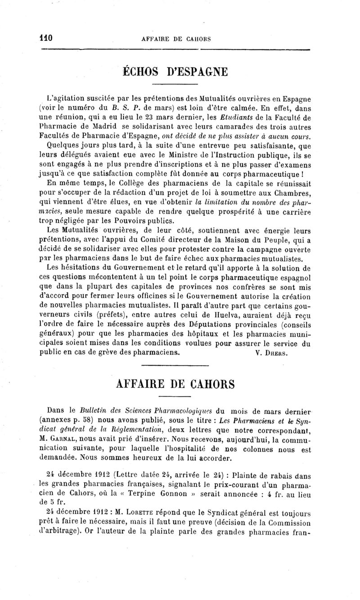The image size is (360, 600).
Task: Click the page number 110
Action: [x=46, y=38]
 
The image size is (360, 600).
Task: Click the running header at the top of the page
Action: [x=176, y=39]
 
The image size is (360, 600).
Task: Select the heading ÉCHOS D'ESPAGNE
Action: [x=175, y=72]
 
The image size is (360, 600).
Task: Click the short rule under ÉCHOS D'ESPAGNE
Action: [x=175, y=84]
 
